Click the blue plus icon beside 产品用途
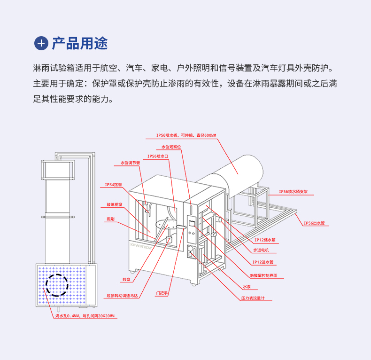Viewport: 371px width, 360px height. pyautogui.click(x=41, y=43)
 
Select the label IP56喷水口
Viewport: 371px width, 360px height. pyautogui.click(x=158, y=156)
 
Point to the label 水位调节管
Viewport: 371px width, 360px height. pyautogui.click(x=130, y=163)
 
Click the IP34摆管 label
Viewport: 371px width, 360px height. pyautogui.click(x=113, y=185)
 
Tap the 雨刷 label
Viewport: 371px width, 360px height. pyautogui.click(x=111, y=219)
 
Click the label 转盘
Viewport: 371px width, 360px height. pyautogui.click(x=126, y=279)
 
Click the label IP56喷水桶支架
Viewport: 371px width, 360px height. pyautogui.click(x=293, y=192)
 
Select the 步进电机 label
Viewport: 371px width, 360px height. pyautogui.click(x=263, y=250)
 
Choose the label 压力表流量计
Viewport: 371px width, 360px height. pyautogui.click(x=253, y=298)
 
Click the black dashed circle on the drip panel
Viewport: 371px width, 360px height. pyautogui.click(x=56, y=285)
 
